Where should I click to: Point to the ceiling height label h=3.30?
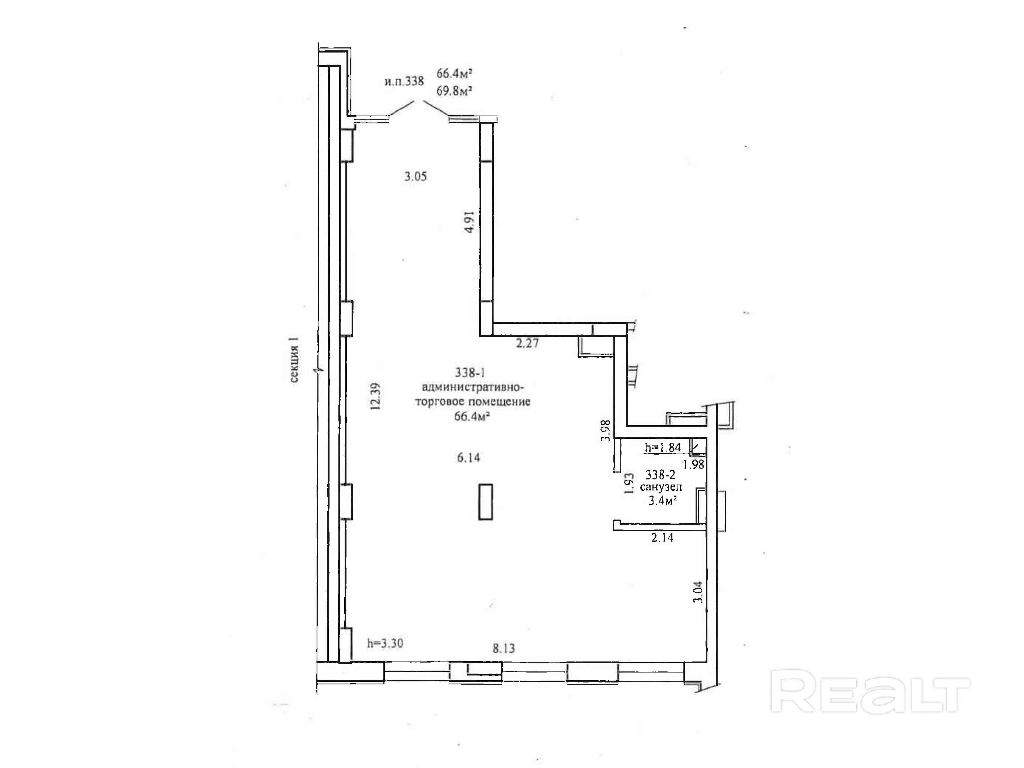pyautogui.click(x=385, y=643)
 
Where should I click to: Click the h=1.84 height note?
pyautogui.click(x=663, y=447)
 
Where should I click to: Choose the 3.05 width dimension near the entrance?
pyautogui.click(x=416, y=176)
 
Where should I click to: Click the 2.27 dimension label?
pyautogui.click(x=527, y=343)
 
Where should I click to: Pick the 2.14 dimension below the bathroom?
pyautogui.click(x=662, y=537)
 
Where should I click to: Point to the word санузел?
pyautogui.click(x=661, y=487)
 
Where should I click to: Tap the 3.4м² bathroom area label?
pyautogui.click(x=663, y=500)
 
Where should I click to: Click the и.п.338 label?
pyautogui.click(x=404, y=82)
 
